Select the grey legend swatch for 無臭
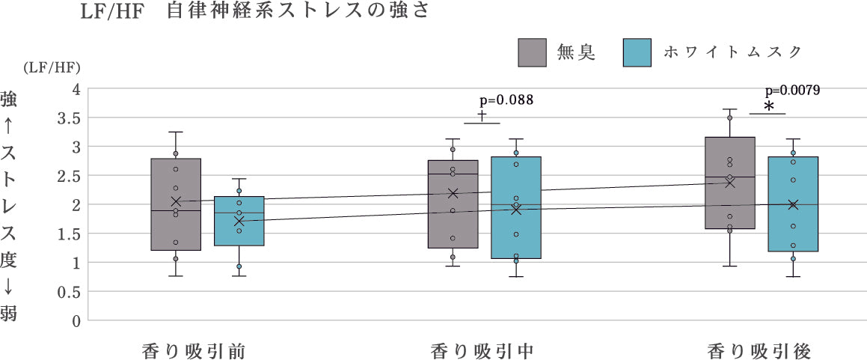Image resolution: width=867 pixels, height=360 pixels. tap(533, 52)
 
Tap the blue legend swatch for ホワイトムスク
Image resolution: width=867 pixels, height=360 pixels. tap(636, 52)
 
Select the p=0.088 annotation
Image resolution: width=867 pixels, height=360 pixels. tap(506, 100)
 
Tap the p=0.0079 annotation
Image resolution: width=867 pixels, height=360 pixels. tap(792, 90)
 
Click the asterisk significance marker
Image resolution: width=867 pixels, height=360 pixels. tap(768, 106)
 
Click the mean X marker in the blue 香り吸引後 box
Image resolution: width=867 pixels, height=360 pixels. tap(793, 204)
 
